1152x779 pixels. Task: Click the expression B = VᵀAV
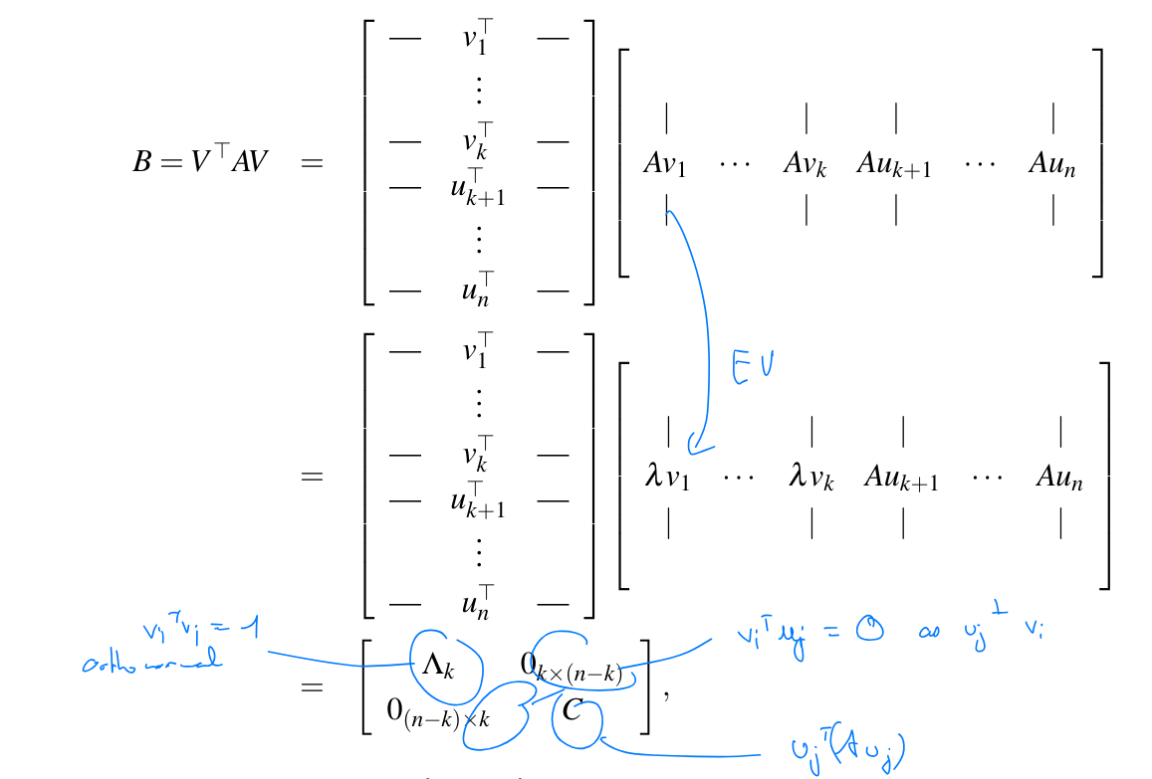[x=200, y=160]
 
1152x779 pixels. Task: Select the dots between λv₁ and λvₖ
[x=739, y=478]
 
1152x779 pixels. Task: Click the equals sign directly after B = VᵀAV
[x=312, y=161]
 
